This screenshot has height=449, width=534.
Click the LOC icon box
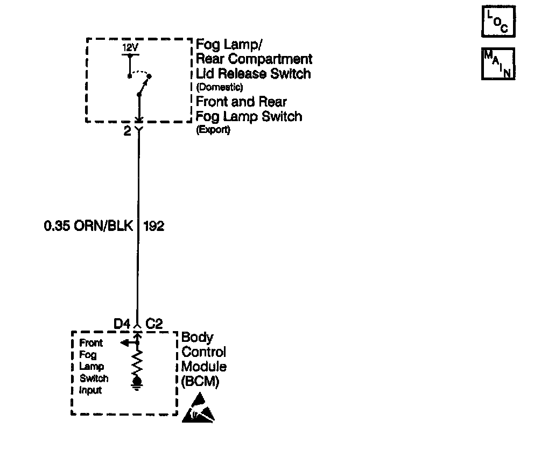tap(498, 22)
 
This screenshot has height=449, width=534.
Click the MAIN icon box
tap(498, 64)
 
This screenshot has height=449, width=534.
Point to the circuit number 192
tap(153, 226)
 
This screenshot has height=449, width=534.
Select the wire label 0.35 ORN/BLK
tap(88, 226)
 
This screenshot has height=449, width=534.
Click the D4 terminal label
tap(122, 324)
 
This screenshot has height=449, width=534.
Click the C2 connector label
tap(154, 324)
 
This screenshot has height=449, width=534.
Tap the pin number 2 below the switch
tap(127, 131)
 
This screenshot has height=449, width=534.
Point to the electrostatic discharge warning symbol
tap(202, 409)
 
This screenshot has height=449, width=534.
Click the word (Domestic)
tap(220, 87)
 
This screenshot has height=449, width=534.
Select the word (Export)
tap(213, 130)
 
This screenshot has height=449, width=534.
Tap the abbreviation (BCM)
tap(200, 381)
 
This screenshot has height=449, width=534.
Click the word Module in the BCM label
tap(203, 367)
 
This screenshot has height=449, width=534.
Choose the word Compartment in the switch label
tap(273, 59)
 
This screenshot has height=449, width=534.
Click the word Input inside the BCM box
tap(90, 390)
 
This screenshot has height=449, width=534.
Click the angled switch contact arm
tap(144, 85)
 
